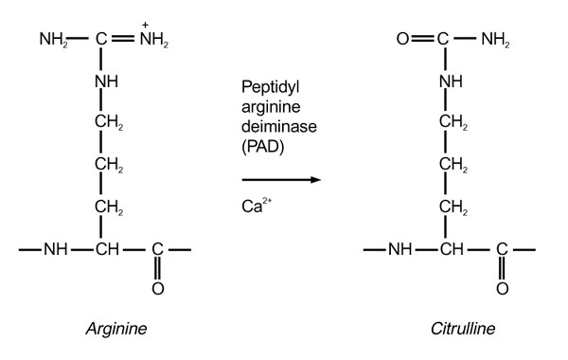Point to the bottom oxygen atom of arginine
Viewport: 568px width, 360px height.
tap(157, 287)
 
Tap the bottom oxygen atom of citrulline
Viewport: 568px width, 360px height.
tap(502, 287)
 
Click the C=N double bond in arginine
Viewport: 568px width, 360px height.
tap(122, 41)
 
